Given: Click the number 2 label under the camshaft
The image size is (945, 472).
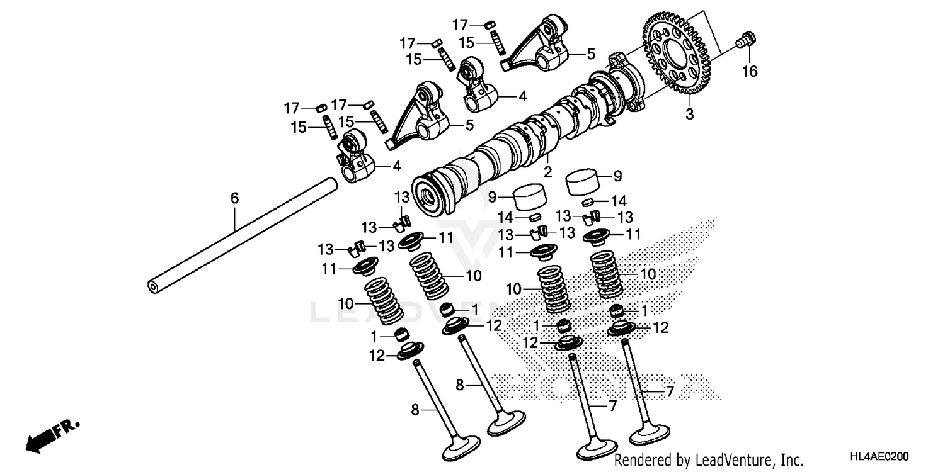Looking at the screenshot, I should point(547,172).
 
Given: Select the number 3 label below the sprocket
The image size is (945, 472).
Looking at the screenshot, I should point(690,115).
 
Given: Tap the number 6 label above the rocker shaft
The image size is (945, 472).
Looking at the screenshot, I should point(234,198).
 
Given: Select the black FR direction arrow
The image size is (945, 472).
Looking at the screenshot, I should point(39,439).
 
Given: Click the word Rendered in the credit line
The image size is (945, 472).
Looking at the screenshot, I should point(641,460).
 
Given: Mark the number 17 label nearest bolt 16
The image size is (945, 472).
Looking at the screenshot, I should point(461,25).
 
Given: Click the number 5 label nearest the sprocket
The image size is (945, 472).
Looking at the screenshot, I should point(590,55).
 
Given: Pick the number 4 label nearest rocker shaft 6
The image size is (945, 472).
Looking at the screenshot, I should point(396,166).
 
